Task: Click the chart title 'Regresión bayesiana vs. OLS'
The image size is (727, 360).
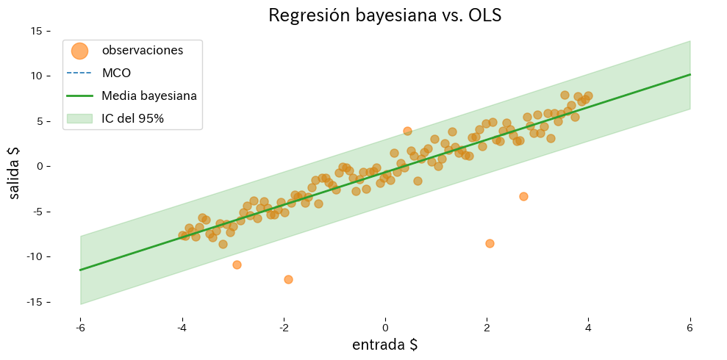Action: tap(384, 15)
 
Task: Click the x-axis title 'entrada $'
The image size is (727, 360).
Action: tap(384, 345)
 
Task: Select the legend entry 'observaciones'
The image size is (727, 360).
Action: tap(142, 51)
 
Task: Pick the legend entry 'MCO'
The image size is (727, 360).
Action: tap(116, 73)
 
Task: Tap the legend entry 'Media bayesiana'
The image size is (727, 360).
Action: tap(148, 96)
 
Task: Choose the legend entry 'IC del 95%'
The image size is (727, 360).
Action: tap(132, 118)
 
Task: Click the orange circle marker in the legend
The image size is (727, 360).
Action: tap(79, 51)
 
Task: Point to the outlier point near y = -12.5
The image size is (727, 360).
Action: tap(288, 279)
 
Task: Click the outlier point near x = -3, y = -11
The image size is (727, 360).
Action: tap(237, 264)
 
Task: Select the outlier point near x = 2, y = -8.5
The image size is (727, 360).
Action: tap(490, 243)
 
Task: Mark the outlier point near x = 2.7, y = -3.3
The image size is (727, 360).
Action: tap(523, 196)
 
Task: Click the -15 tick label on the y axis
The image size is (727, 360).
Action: tap(34, 302)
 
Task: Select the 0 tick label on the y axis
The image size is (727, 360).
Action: tap(40, 166)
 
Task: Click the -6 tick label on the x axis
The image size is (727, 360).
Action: tap(79, 327)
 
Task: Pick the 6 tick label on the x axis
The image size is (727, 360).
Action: tap(690, 327)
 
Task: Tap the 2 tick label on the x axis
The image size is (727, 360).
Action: tap(487, 327)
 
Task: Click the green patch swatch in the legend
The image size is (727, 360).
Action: tap(79, 118)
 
